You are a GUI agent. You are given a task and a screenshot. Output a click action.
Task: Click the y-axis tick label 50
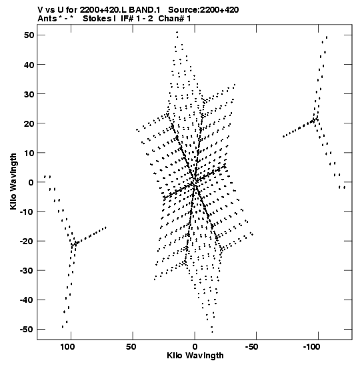pyautogui.click(x=29, y=35)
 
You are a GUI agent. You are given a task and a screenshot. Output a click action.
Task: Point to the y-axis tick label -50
pyautogui.click(x=27, y=330)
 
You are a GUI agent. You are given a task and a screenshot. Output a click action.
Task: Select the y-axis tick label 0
pyautogui.click(x=31, y=182)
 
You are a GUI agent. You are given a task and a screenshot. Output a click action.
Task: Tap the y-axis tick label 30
pyautogui.click(x=29, y=94)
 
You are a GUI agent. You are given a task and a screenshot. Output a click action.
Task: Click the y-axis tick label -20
pyautogui.click(x=27, y=241)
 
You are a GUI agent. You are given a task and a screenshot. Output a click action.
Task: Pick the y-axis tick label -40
pyautogui.click(x=27, y=300)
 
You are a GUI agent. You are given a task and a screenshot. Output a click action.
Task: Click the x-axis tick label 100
pyautogui.click(x=68, y=347)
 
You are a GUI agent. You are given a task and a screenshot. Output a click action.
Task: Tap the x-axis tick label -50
pyautogui.click(x=251, y=347)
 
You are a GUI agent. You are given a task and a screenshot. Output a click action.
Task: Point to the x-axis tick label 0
pyautogui.click(x=195, y=347)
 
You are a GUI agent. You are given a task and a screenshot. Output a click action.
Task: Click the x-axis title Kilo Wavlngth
pyautogui.click(x=195, y=356)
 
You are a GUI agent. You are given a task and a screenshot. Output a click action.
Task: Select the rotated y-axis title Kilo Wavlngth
pyautogui.click(x=13, y=181)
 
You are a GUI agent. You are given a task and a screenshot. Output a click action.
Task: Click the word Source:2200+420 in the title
pyautogui.click(x=203, y=10)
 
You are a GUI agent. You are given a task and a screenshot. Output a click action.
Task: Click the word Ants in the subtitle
pyautogui.click(x=47, y=19)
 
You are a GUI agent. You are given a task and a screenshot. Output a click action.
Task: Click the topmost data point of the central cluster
pyautogui.click(x=177, y=32)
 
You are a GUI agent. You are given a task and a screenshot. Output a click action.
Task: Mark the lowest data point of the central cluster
pyautogui.click(x=212, y=332)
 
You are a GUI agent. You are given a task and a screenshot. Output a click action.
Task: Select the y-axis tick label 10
pyautogui.click(x=29, y=153)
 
